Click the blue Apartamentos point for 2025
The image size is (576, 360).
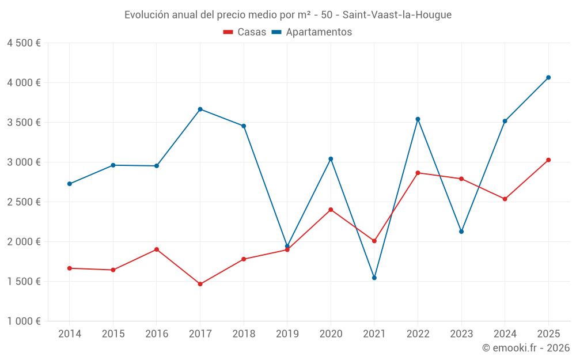click(x=548, y=77)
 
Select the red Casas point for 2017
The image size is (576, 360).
click(x=200, y=284)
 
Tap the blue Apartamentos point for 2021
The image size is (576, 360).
click(x=374, y=278)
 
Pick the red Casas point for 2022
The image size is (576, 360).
click(x=418, y=173)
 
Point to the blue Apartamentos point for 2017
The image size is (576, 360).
click(x=200, y=109)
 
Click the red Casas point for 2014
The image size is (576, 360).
click(x=70, y=268)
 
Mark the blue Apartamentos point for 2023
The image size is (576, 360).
click(x=461, y=232)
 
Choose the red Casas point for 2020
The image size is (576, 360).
click(x=331, y=210)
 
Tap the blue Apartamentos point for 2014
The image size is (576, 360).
click(x=70, y=184)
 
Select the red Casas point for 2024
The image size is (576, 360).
click(x=505, y=199)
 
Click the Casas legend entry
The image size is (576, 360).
click(x=245, y=32)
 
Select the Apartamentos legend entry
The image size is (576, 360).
click(x=312, y=32)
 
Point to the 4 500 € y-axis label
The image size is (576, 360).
click(x=24, y=43)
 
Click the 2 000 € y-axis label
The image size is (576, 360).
click(x=24, y=242)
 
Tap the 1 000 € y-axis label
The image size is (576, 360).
click(x=24, y=321)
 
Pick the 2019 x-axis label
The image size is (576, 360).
click(x=287, y=334)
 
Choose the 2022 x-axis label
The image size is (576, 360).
click(x=418, y=334)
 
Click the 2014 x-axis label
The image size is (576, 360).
click(x=70, y=334)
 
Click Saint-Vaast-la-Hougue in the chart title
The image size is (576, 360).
click(x=397, y=14)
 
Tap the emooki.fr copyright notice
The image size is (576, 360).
click(x=526, y=348)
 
